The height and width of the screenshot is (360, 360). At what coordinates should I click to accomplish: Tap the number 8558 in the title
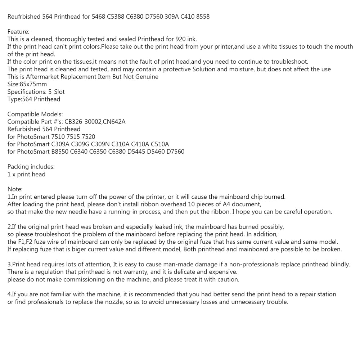point(203,17)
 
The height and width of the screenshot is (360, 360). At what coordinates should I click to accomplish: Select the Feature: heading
point(18,32)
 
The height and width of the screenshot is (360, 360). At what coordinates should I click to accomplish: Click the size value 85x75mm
point(33,84)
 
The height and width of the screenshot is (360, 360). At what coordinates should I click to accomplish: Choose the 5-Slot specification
point(57,92)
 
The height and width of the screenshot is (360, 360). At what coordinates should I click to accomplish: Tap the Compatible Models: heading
point(35,114)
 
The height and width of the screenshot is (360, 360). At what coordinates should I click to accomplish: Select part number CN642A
point(114,122)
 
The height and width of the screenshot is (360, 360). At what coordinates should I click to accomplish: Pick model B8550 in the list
point(61,152)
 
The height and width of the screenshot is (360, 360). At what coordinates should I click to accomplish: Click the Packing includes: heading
point(31,167)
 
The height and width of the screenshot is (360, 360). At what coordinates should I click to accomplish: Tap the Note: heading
point(15,189)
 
